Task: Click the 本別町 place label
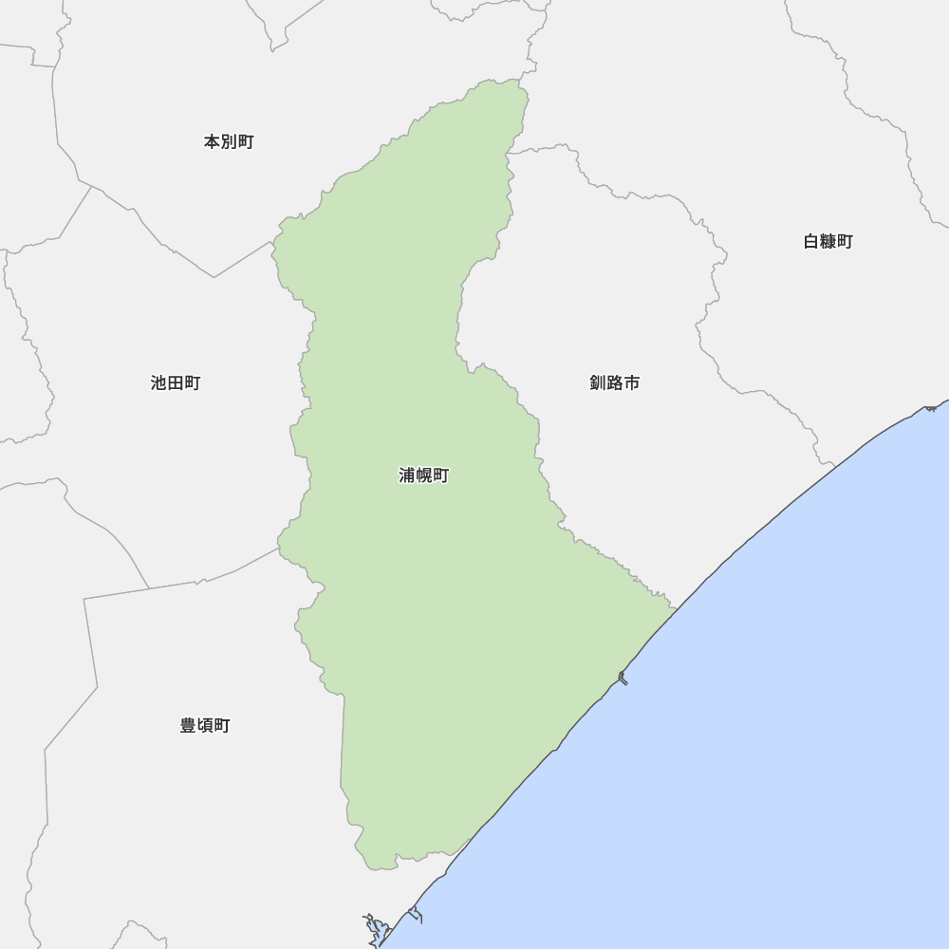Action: (x=229, y=142)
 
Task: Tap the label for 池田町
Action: (x=176, y=383)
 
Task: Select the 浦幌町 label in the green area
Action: (x=423, y=475)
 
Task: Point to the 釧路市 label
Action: (x=614, y=383)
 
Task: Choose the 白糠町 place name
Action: (x=828, y=242)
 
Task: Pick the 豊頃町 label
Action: (x=205, y=726)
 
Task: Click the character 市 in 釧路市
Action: (x=631, y=383)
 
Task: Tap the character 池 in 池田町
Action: (x=158, y=383)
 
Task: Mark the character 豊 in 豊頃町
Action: (x=188, y=726)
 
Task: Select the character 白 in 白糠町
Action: (x=810, y=242)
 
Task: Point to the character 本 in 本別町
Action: (x=212, y=142)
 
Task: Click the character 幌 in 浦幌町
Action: (x=423, y=475)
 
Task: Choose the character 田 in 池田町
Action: (x=176, y=383)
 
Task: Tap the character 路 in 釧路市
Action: (x=614, y=383)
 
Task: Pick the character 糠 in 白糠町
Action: (x=828, y=242)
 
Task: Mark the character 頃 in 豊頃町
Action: (x=205, y=726)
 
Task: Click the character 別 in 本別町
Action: (x=229, y=142)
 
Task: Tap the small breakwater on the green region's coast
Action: (x=623, y=678)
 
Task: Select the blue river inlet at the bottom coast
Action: (x=376, y=928)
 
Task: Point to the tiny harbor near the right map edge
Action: (x=932, y=407)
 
